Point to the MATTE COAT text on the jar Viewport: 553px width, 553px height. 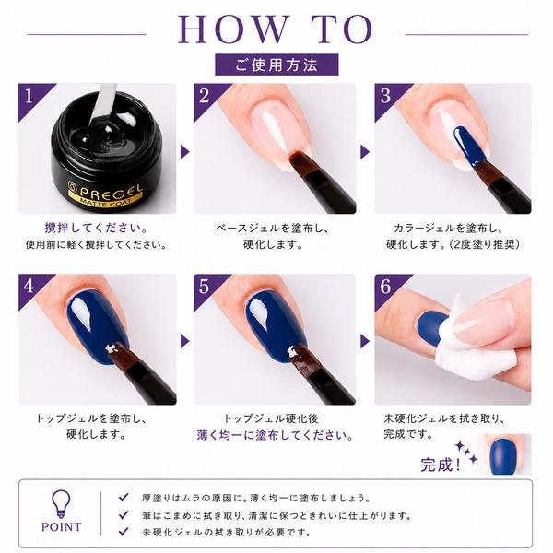click(x=106, y=203)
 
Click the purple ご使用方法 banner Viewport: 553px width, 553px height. click(x=276, y=65)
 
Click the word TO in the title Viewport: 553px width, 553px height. click(x=342, y=29)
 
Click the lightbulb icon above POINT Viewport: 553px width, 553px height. click(x=61, y=504)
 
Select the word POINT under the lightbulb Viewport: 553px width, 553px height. click(x=62, y=527)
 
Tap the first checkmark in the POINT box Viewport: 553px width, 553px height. click(x=124, y=498)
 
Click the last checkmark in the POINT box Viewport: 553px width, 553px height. click(x=124, y=532)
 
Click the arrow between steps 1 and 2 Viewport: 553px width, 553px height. click(x=185, y=152)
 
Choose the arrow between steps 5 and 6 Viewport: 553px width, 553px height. click(x=365, y=341)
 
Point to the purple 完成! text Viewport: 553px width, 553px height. click(x=441, y=465)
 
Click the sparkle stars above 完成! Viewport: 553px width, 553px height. click(x=466, y=453)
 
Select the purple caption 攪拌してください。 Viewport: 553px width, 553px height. click(x=96, y=228)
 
